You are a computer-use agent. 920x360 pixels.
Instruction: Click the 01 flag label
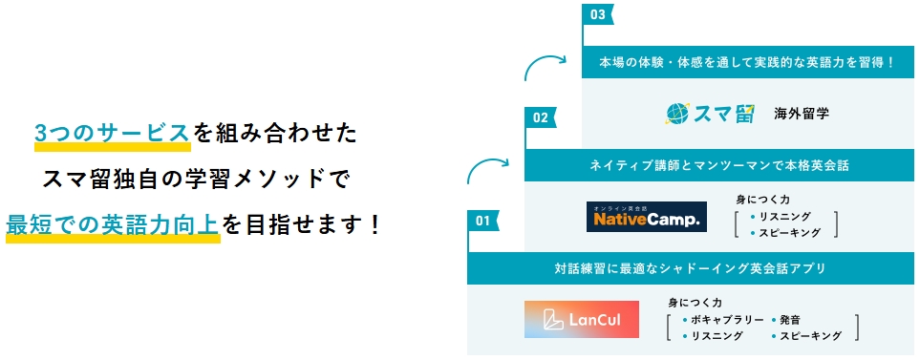pyautogui.click(x=482, y=222)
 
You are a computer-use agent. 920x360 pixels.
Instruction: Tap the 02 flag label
pyautogui.click(x=541, y=118)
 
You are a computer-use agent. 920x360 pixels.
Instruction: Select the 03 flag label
pyautogui.click(x=598, y=15)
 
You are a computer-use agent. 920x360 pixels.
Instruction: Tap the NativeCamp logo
pyautogui.click(x=646, y=217)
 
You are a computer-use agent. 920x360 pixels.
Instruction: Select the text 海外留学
pyautogui.click(x=802, y=114)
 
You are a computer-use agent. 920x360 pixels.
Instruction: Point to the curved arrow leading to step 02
pyautogui.click(x=487, y=171)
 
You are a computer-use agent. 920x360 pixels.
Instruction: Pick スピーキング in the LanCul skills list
pyautogui.click(x=810, y=336)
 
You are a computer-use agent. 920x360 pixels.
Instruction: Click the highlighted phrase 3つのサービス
pyautogui.click(x=112, y=134)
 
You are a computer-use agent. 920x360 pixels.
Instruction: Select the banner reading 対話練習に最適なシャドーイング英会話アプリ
pyautogui.click(x=690, y=267)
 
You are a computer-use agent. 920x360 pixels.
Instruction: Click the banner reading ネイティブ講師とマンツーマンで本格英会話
pyautogui.click(x=719, y=165)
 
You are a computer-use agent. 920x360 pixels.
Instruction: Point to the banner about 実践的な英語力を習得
pyautogui.click(x=747, y=62)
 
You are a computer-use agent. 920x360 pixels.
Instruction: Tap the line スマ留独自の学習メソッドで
pyautogui.click(x=196, y=180)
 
